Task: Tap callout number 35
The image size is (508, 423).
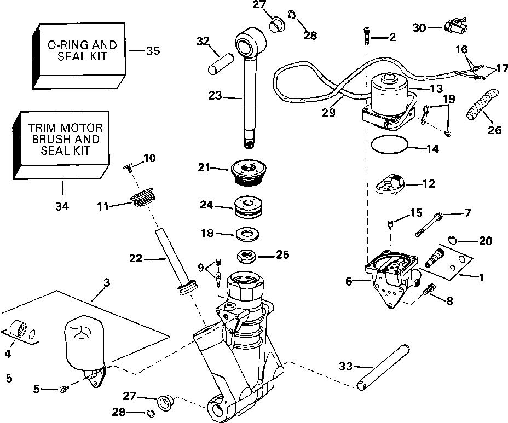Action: pos(153,51)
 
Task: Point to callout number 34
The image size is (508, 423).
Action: pos(62,206)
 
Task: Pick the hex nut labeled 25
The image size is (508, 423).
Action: pos(246,255)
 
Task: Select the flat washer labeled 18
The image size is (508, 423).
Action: pos(248,235)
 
